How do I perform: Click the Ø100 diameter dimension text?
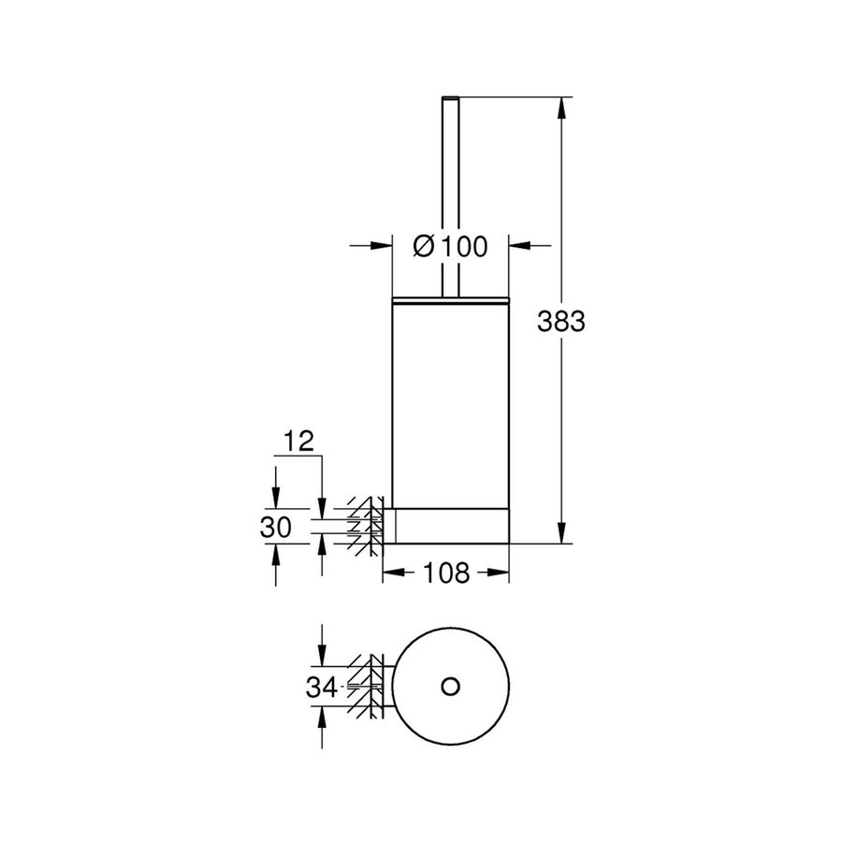450,246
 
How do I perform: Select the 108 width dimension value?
446,573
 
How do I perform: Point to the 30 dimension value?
277,527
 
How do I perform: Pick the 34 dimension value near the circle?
321,688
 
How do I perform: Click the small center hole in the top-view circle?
450,687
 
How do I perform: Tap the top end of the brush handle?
450,97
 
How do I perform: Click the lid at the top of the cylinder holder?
450,299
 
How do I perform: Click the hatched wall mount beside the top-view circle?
367,687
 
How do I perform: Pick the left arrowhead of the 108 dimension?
394,573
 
